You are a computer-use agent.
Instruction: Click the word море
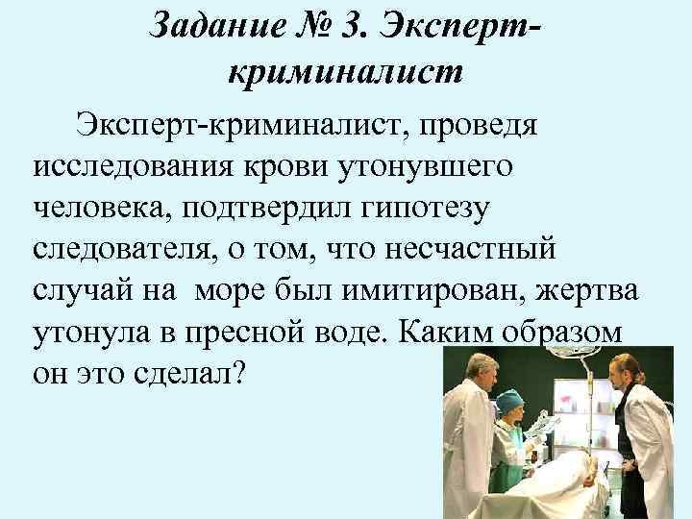(283, 290)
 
